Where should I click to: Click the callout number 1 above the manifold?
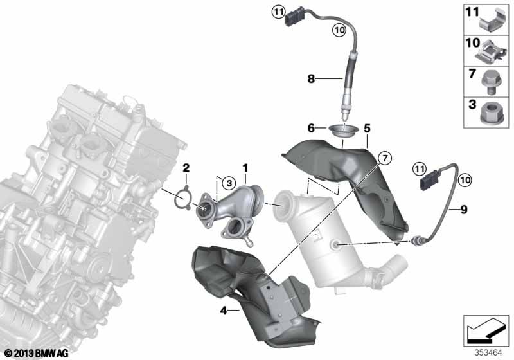pyautogui.click(x=245, y=168)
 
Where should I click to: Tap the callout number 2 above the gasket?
pyautogui.click(x=186, y=168)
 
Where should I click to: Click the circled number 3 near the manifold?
pyautogui.click(x=229, y=183)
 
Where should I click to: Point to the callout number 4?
pyautogui.click(x=224, y=310)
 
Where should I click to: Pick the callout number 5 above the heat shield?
pyautogui.click(x=367, y=128)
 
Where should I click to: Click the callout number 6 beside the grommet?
pyautogui.click(x=311, y=128)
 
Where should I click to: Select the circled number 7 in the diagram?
pyautogui.click(x=385, y=158)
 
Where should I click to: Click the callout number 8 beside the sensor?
pyautogui.click(x=311, y=78)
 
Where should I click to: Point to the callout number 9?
pyautogui.click(x=463, y=210)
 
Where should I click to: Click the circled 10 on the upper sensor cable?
pyautogui.click(x=339, y=30)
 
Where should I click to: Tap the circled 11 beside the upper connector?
pyautogui.click(x=278, y=13)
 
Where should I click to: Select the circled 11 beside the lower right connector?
pyautogui.click(x=420, y=169)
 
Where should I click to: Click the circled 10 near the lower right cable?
pyautogui.click(x=465, y=179)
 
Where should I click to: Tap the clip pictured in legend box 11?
pyautogui.click(x=491, y=21)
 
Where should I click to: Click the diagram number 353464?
pyautogui.click(x=488, y=353)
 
